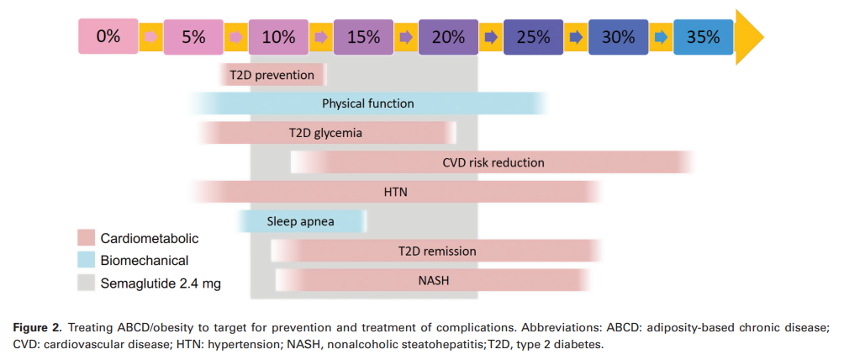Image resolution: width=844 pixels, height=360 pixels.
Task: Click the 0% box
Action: (108, 36)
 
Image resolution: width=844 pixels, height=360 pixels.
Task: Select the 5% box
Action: (193, 36)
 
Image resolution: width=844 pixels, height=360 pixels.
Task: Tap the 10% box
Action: (278, 36)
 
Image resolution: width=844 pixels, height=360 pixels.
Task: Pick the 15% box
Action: (363, 36)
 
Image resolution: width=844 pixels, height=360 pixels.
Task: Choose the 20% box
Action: (448, 36)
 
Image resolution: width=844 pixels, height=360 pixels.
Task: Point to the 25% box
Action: (533, 36)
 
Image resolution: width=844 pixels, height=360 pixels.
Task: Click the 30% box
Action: (618, 36)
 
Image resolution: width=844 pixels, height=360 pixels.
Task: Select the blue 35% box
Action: (703, 36)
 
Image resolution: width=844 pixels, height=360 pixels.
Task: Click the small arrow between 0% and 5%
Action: (151, 36)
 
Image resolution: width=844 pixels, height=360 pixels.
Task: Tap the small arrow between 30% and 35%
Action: (661, 36)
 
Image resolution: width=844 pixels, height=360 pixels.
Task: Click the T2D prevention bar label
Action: (272, 76)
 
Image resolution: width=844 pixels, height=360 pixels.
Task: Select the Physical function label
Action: (368, 103)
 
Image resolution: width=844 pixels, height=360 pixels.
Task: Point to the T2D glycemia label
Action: (326, 132)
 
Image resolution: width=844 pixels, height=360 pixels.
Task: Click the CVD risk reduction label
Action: (493, 162)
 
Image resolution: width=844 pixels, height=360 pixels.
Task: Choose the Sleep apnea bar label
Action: (300, 222)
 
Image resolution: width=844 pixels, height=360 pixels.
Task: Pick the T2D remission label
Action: (437, 251)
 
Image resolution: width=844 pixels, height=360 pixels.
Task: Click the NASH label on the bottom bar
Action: (433, 280)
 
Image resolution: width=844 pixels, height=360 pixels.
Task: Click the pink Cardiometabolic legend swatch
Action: (86, 239)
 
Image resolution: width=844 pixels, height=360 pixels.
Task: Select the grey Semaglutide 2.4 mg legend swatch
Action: (86, 283)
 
